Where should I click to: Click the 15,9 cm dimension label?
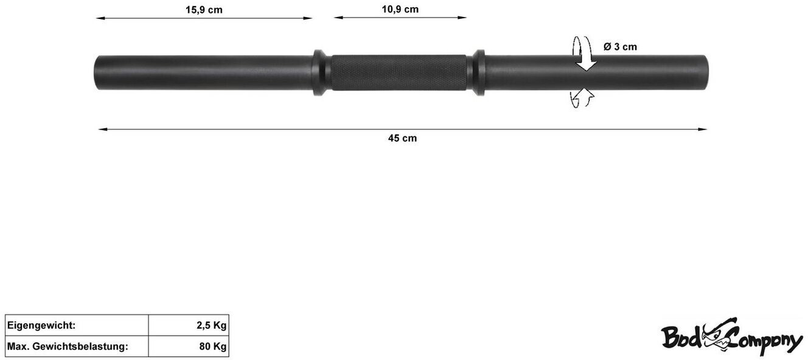pos(204,10)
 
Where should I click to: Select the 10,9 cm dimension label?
pos(400,9)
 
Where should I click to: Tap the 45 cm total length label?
pos(402,138)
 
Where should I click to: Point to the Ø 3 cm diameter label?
pos(620,46)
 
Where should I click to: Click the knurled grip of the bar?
pos(399,72)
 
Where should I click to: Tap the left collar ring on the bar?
pos(319,72)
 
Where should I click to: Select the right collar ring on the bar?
pos(479,72)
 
